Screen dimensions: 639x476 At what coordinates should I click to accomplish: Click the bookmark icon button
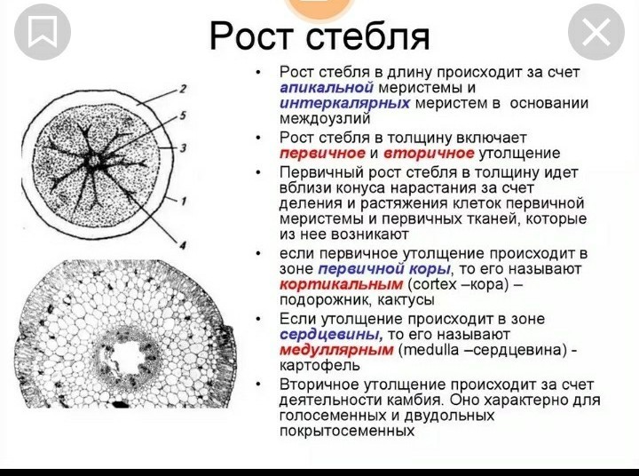[x=43, y=32]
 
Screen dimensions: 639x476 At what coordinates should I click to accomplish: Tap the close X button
[x=596, y=32]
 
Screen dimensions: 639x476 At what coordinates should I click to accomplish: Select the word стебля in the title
[x=367, y=36]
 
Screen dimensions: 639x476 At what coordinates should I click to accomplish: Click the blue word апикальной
[x=327, y=87]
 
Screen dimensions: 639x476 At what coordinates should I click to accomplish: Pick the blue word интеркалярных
[x=344, y=103]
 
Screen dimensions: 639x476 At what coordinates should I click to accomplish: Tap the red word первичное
[x=322, y=154]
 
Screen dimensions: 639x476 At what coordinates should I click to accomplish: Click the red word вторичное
[x=429, y=154]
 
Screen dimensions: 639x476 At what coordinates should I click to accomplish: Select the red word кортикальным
[x=341, y=284]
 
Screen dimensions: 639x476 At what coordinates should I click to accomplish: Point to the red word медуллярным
[x=336, y=350]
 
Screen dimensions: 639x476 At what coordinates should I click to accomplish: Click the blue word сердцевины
[x=331, y=335]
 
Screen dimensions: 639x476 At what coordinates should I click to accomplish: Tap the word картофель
[x=319, y=366]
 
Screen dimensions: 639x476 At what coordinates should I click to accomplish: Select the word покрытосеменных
[x=347, y=431]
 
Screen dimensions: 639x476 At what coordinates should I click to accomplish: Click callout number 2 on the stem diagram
[x=183, y=89]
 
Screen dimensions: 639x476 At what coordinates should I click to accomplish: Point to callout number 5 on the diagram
[x=183, y=115]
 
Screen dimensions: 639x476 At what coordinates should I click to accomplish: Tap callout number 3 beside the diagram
[x=183, y=147]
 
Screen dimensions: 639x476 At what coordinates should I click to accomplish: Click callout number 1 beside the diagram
[x=184, y=201]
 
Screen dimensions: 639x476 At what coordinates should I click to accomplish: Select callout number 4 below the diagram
[x=183, y=245]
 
